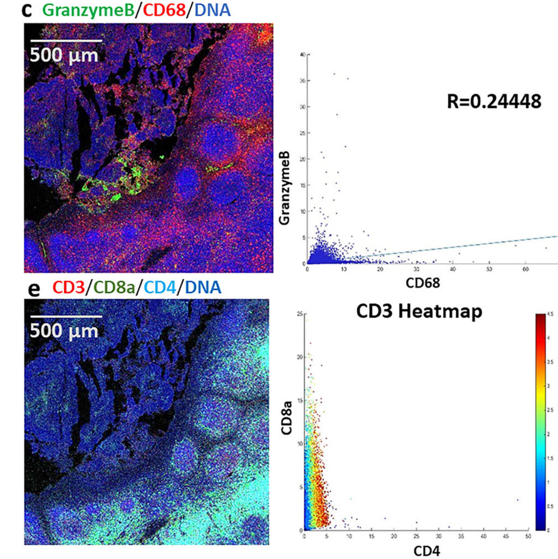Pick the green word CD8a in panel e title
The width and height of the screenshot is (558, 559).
pos(114,287)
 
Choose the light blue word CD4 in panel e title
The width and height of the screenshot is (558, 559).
pos(160,287)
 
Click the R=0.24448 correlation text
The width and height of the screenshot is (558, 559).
pos(494,102)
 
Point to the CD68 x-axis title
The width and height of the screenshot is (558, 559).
pos(423,283)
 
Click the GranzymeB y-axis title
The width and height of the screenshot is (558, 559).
pos(285,188)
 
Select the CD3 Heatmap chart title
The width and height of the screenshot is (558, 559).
pos(419,312)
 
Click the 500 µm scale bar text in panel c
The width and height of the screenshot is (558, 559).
pos(64,55)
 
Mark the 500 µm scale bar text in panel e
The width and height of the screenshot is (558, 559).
pos(64,331)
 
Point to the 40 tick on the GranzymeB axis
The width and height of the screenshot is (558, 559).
pos(303,54)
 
